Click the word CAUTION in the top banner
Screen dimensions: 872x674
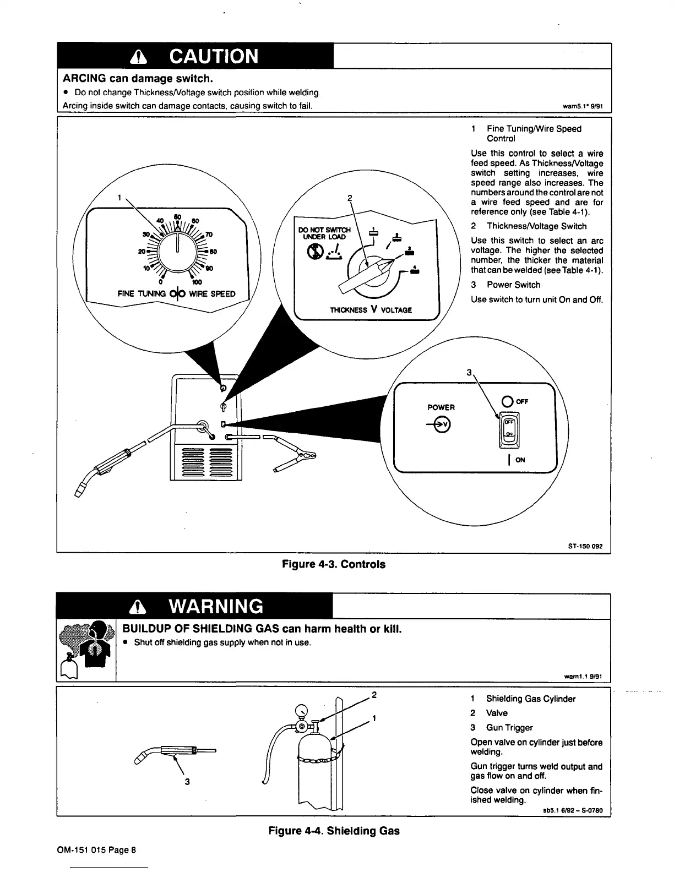pyautogui.click(x=214, y=56)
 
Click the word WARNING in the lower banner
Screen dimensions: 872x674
pyautogui.click(x=216, y=606)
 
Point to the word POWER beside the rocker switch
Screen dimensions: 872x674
pyautogui.click(x=441, y=407)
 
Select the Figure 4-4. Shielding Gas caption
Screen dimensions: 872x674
pyautogui.click(x=334, y=831)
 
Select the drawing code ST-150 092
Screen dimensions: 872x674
pyautogui.click(x=585, y=546)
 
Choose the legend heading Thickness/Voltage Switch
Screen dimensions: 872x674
pyautogui.click(x=536, y=226)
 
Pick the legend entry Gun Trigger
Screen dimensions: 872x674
pyautogui.click(x=509, y=728)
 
